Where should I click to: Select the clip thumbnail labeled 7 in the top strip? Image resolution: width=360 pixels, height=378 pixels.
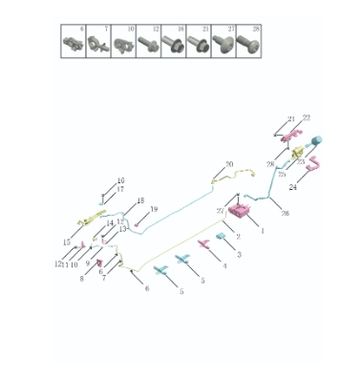pos(98,42)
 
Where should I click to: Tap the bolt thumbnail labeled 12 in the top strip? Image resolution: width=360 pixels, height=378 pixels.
pos(148,42)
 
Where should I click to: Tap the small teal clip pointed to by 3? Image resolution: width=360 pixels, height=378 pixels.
pos(221,235)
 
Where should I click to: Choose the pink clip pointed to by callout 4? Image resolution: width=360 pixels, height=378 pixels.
pos(203,244)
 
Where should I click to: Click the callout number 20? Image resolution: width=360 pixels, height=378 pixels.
pos(229,164)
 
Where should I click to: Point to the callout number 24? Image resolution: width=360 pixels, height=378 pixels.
pos(293,188)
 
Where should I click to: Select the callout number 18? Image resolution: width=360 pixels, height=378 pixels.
pos(140,200)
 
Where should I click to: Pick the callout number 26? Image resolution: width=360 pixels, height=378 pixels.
pos(284,212)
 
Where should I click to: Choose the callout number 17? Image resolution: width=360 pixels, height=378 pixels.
pos(120,189)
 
